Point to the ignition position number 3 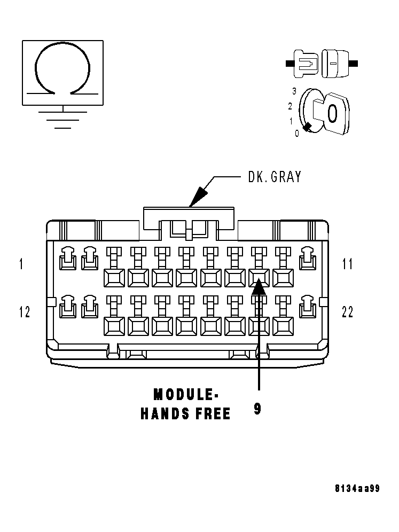pyautogui.click(x=294, y=91)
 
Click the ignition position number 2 pyautogui.click(x=290, y=106)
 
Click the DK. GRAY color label pyautogui.click(x=275, y=177)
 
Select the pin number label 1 pyautogui.click(x=21, y=264)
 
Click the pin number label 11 pyautogui.click(x=348, y=264)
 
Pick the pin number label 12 pyautogui.click(x=25, y=312)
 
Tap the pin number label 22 pyautogui.click(x=348, y=312)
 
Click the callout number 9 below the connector pyautogui.click(x=258, y=409)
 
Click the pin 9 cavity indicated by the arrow pyautogui.click(x=259, y=277)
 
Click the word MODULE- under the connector pyautogui.click(x=186, y=395)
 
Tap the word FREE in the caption pyautogui.click(x=213, y=414)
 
